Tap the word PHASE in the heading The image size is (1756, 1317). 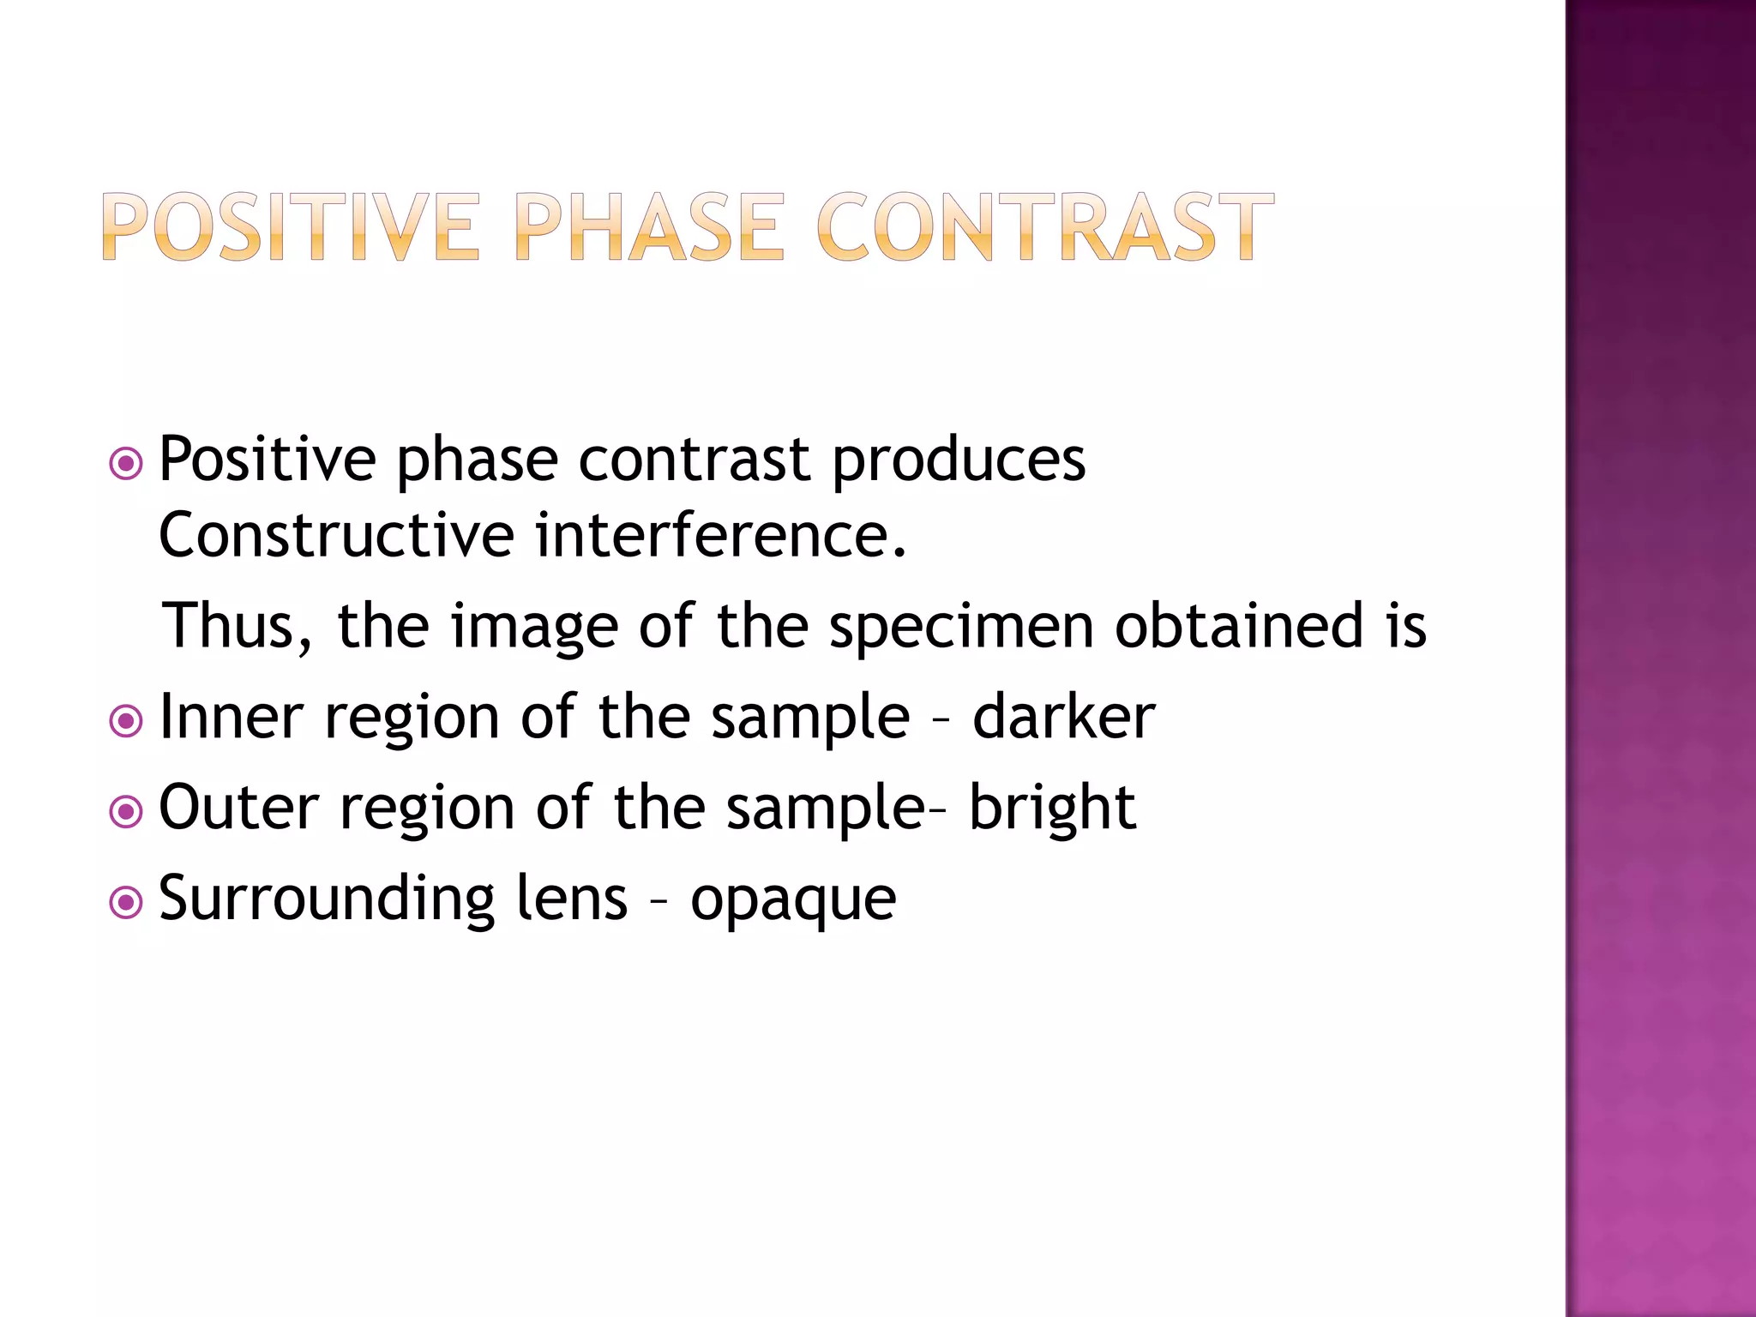pyautogui.click(x=649, y=227)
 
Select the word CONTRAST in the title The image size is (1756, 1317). pyautogui.click(x=1044, y=227)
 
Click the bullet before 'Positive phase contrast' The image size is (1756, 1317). pyautogui.click(x=126, y=464)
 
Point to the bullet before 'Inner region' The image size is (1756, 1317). pyautogui.click(x=126, y=720)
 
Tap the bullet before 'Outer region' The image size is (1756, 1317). pyautogui.click(x=126, y=811)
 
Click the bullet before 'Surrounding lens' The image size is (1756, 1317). pyautogui.click(x=126, y=902)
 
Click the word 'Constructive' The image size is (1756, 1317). pyautogui.click(x=336, y=536)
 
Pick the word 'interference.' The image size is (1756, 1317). pyautogui.click(x=720, y=536)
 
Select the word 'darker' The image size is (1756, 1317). pyautogui.click(x=1063, y=717)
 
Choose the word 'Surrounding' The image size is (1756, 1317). pyautogui.click(x=327, y=900)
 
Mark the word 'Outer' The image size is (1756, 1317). pyautogui.click(x=238, y=808)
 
